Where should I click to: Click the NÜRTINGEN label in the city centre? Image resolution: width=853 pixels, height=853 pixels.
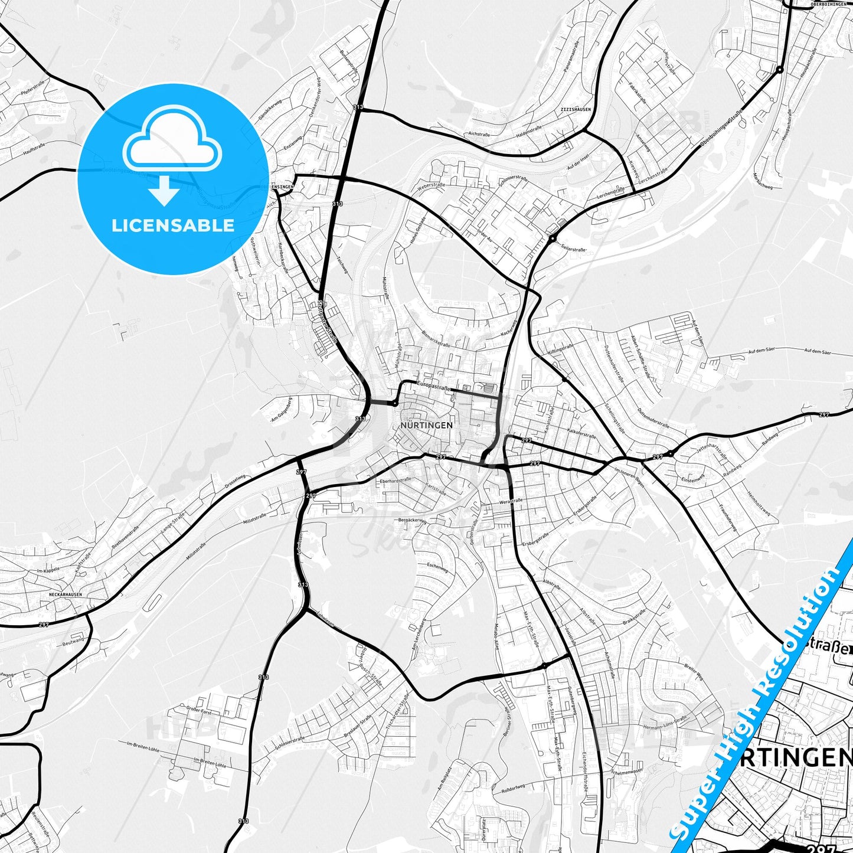pos(426,425)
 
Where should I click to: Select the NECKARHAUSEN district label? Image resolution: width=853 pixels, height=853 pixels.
pos(65,594)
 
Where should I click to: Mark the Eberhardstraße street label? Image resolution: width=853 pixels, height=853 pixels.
pos(396,481)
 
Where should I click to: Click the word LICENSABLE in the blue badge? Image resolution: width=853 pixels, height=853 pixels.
pos(172,225)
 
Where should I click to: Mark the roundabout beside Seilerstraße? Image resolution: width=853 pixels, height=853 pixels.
pos(552,238)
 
